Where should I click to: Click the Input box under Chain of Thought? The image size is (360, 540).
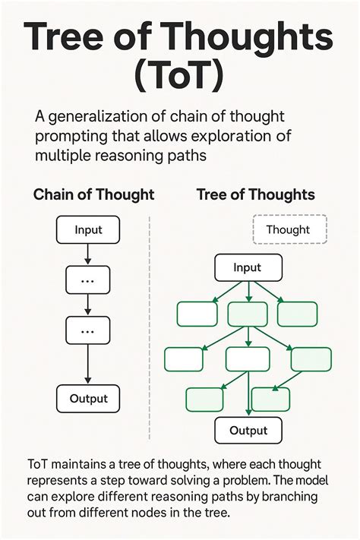click(x=89, y=229)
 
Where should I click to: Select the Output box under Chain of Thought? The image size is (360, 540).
click(x=89, y=398)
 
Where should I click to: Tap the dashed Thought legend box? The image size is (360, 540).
click(x=288, y=229)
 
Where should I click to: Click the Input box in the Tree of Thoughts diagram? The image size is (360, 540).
click(x=248, y=267)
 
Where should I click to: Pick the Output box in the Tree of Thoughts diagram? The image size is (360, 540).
click(x=248, y=430)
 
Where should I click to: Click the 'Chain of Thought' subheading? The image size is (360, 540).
click(x=93, y=194)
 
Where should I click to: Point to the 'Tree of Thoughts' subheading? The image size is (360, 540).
click(x=256, y=194)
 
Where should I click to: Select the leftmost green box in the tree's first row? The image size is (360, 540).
click(x=197, y=313)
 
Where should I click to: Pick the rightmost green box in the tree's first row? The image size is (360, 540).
click(x=297, y=313)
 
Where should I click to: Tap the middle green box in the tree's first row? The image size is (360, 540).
click(x=248, y=313)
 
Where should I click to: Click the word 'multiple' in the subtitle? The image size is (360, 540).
click(x=62, y=156)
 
